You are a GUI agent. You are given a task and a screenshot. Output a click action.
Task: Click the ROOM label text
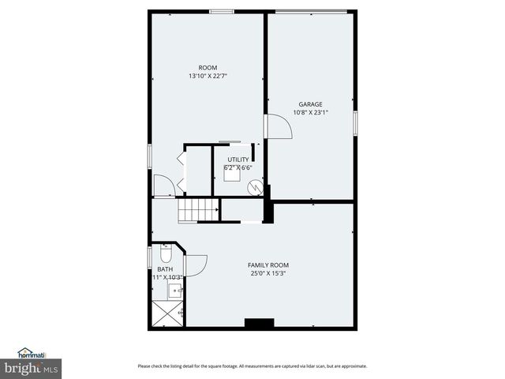click(208, 68)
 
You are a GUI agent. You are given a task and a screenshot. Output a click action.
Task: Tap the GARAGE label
click(310, 104)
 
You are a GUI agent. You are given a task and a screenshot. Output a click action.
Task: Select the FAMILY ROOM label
click(268, 265)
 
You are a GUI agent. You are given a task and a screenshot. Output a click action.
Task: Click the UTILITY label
click(238, 159)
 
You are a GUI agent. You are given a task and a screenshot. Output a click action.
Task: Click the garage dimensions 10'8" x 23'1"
click(310, 112)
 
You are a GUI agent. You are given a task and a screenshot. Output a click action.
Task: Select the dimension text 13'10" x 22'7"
click(208, 77)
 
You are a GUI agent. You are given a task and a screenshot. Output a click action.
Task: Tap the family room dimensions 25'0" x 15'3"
click(268, 274)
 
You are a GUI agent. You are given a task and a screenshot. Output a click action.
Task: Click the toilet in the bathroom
click(166, 255)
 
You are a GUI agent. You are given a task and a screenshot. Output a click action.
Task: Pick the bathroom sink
click(173, 290)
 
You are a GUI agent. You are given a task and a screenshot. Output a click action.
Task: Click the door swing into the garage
click(279, 126)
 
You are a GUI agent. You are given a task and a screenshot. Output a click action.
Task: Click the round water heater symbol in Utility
click(255, 188)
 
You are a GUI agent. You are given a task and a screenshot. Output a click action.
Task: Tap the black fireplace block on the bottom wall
click(258, 323)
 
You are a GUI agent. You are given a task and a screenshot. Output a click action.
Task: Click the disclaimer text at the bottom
click(252, 366)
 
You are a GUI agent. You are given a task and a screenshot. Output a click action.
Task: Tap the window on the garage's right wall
click(356, 122)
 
